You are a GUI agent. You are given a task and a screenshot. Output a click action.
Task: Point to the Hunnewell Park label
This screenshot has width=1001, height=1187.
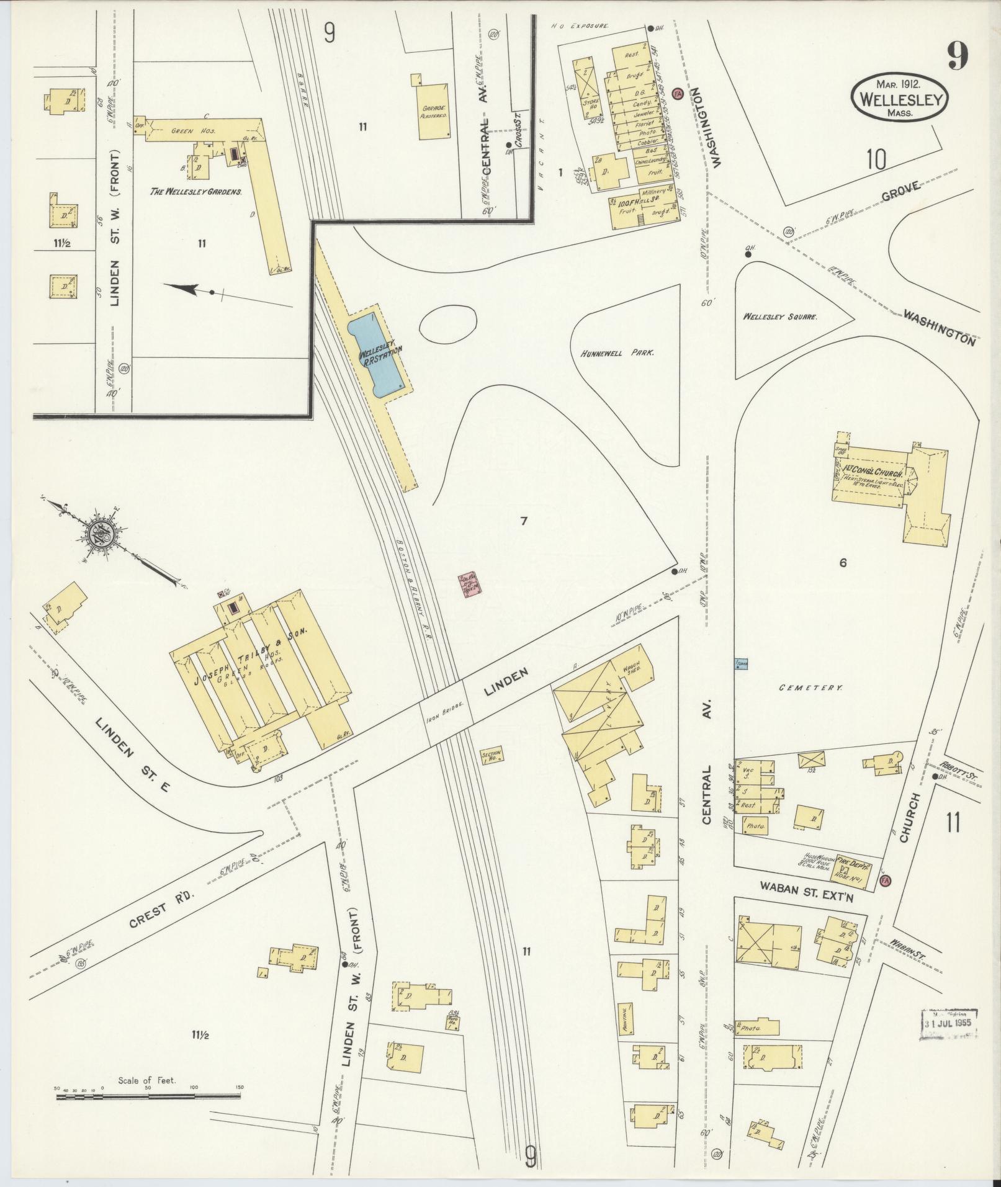point(618,352)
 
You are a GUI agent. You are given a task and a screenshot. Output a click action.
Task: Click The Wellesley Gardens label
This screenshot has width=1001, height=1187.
point(195,192)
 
